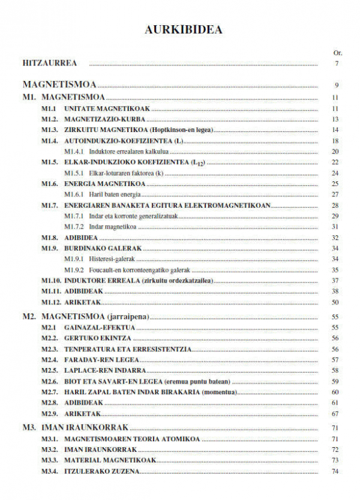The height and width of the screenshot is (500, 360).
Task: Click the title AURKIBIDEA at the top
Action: pyautogui.click(x=184, y=30)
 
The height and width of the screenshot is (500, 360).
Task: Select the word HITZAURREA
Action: pyautogui.click(x=45, y=63)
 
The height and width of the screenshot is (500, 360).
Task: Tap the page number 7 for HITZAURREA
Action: pyautogui.click(x=337, y=64)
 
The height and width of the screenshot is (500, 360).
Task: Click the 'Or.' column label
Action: pyautogui.click(x=337, y=53)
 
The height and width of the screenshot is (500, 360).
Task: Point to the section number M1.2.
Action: pyautogui.click(x=49, y=119)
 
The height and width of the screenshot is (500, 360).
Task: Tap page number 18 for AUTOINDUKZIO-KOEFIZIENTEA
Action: pyautogui.click(x=335, y=140)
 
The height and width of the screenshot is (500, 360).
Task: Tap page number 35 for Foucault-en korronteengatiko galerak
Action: pyautogui.click(x=335, y=270)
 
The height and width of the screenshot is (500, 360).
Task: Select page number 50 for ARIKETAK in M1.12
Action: pyautogui.click(x=335, y=302)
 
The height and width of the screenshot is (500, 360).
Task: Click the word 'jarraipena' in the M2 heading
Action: pyautogui.click(x=130, y=316)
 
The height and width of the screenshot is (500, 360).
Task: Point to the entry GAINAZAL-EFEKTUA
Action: pyautogui.click(x=100, y=328)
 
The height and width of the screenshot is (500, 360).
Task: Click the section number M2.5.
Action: pyautogui.click(x=49, y=370)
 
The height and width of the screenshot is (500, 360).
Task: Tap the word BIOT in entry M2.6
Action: pyautogui.click(x=72, y=381)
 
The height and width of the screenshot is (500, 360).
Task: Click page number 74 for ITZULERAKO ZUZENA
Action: pyautogui.click(x=335, y=471)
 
